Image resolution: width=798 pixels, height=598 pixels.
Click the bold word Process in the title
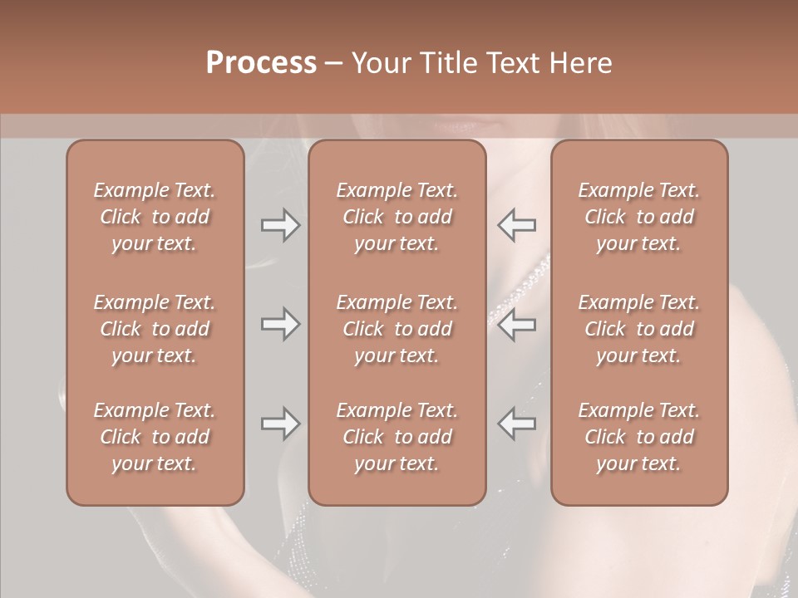261,63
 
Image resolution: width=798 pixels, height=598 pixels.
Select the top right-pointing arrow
281,225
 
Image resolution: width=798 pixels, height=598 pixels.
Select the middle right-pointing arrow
281,324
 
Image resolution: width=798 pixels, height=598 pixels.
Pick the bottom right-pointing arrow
281,424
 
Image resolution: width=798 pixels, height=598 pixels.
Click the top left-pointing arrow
516,225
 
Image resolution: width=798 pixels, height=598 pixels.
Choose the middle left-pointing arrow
516,324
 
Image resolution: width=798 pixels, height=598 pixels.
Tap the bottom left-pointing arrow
516,424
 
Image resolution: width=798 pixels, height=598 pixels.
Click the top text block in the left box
155,217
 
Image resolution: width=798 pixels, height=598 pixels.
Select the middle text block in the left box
155,329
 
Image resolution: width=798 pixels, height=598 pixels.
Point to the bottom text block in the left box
155,437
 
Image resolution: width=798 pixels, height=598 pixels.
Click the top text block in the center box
397,217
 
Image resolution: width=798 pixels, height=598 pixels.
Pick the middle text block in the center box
397,329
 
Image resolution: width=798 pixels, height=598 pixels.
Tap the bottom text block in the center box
397,437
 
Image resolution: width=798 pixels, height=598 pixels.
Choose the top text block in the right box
639,217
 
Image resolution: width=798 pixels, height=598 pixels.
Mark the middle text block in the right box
639,329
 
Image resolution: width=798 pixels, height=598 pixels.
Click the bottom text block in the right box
639,437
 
